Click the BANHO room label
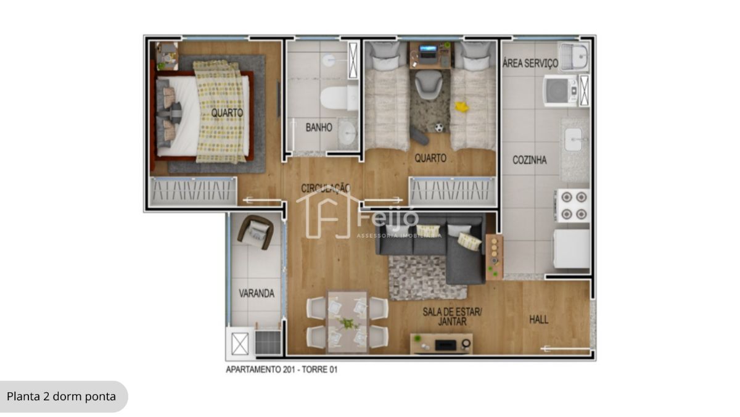(x=319, y=127)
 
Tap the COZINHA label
(x=530, y=160)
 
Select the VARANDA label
(x=257, y=293)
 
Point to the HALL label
(x=539, y=319)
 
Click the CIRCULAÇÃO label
(x=326, y=188)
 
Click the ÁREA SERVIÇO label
(x=530, y=63)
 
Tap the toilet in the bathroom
(x=339, y=98)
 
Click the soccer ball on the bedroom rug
(x=438, y=128)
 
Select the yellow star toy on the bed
(x=461, y=106)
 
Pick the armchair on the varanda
(x=255, y=232)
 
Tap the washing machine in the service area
(x=561, y=91)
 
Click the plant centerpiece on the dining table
(x=347, y=323)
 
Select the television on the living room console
(x=446, y=345)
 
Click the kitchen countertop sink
(x=573, y=139)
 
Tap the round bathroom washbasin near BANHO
(x=347, y=133)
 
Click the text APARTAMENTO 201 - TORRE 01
(x=281, y=370)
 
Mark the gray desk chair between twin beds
(x=429, y=85)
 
